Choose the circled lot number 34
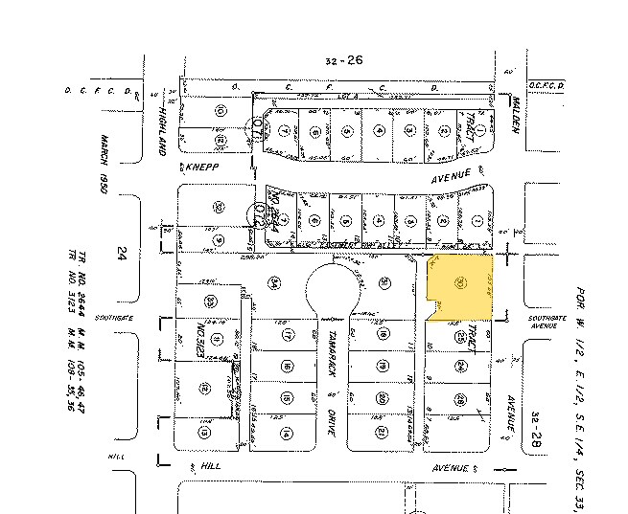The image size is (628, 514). pos(274,281)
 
